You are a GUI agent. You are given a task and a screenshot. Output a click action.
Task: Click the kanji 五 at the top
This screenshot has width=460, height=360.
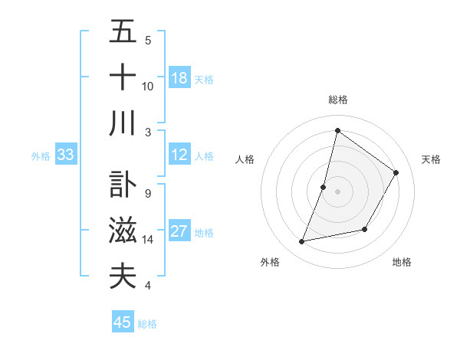pos(123,32)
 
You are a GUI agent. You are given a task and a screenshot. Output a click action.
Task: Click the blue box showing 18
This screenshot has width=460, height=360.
pos(179,78)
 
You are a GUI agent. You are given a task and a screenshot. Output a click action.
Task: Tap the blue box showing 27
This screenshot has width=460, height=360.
pos(179,232)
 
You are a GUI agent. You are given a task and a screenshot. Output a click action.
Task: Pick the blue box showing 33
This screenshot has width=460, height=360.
pos(65,155)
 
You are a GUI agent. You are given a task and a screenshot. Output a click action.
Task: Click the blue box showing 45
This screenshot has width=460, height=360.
pos(123,322)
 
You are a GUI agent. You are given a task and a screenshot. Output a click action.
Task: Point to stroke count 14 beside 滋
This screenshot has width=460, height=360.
pos(148,240)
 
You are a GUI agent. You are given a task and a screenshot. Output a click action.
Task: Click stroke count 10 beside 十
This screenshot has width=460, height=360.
pos(148,86)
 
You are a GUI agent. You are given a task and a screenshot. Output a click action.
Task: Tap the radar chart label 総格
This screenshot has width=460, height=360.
pos(338,100)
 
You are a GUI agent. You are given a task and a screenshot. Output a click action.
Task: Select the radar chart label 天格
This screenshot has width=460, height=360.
pos(431,159)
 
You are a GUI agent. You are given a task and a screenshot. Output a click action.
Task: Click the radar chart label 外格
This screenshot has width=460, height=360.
pos(270,262)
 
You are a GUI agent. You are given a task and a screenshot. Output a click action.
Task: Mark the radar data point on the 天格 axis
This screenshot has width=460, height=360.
pos(396,173)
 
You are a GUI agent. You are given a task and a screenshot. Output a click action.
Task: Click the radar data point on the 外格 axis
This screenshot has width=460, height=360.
pos(302,242)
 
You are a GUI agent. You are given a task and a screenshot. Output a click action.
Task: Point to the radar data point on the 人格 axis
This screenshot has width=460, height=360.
pos(324,187)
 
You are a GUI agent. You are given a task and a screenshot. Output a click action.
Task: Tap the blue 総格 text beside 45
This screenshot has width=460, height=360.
pos(147,324)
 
